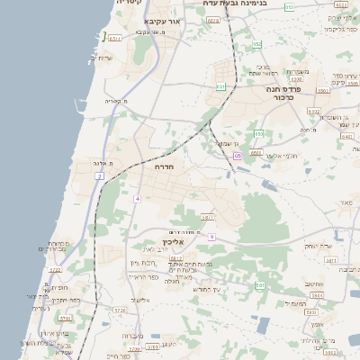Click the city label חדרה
[x=165, y=167]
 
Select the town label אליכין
[x=173, y=241]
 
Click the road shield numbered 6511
[x=114, y=39]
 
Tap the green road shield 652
[x=257, y=44]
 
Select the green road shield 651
[x=220, y=86]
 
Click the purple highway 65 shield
[x=237, y=156]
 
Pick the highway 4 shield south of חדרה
[x=138, y=197]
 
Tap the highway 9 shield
[x=211, y=236]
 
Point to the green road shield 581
[x=258, y=285]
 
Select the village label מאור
[x=345, y=204]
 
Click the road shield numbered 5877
[x=208, y=217]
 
